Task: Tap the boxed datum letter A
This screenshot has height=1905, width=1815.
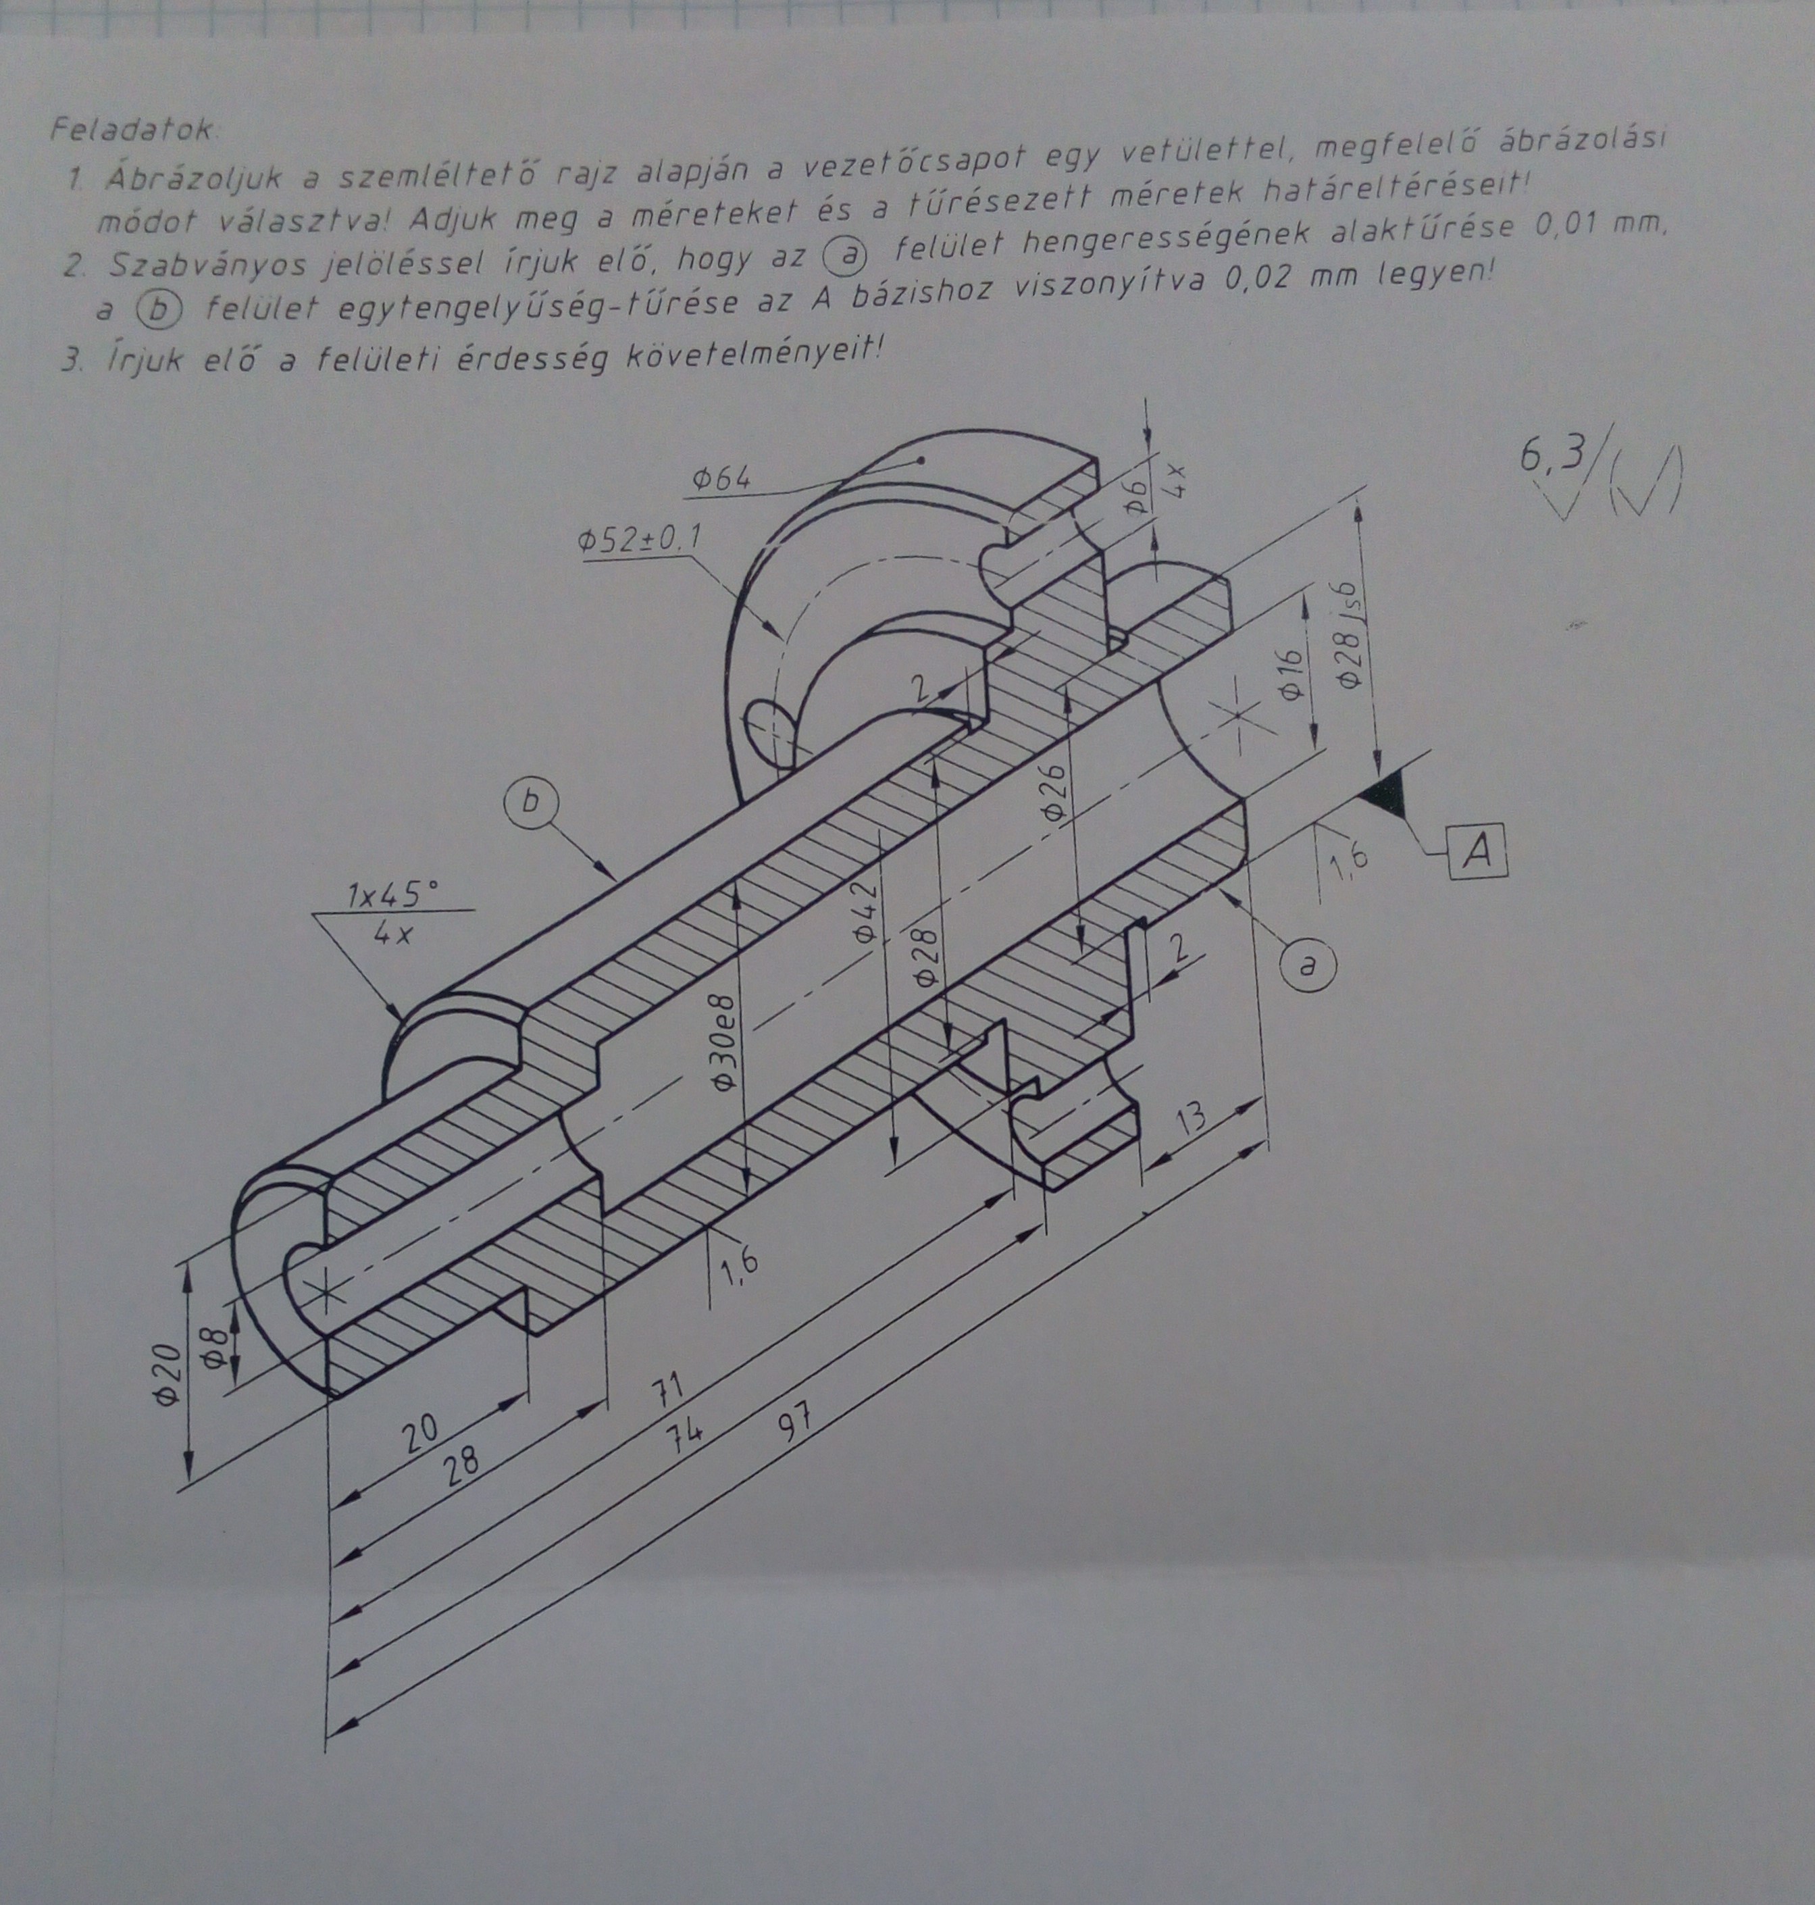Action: [x=1477, y=851]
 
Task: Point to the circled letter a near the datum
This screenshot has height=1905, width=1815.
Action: [x=1308, y=965]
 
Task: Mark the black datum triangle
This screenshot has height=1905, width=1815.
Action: [x=1386, y=796]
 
